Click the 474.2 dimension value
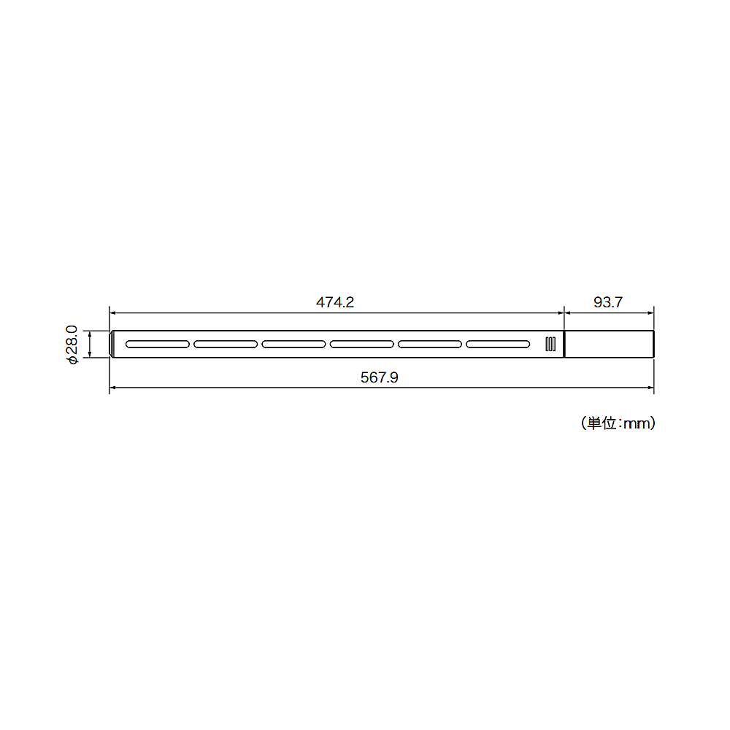(x=335, y=302)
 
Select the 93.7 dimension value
(x=608, y=302)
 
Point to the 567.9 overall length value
(x=380, y=377)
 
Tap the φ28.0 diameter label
(x=72, y=345)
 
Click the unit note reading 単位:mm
(x=618, y=423)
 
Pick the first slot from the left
(x=158, y=344)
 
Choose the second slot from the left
(x=226, y=344)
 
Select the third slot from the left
(x=293, y=344)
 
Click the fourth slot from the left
(x=362, y=344)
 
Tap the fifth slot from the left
(x=430, y=344)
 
